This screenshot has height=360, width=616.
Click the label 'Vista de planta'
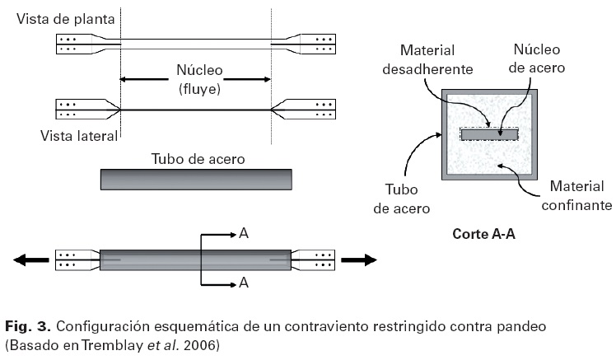(66, 19)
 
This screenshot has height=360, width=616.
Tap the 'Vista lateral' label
(79, 136)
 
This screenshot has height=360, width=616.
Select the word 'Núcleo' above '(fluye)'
(199, 70)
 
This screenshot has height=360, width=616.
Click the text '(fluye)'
(199, 89)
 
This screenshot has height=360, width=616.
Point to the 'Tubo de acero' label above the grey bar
(198, 159)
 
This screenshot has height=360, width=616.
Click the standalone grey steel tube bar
(196, 180)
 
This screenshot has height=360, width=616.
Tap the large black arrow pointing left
(31, 259)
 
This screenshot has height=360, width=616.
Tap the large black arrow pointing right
(359, 259)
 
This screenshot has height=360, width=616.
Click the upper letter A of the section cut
(244, 233)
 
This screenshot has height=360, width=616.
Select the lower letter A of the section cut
(244, 283)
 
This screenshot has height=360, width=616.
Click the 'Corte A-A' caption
(483, 234)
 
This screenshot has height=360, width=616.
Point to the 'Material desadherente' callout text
(427, 60)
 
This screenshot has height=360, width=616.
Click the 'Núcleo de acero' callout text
(537, 58)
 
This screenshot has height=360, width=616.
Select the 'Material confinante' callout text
(576, 196)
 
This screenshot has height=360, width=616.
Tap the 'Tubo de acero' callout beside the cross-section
(402, 199)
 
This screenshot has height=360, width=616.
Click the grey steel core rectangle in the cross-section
(489, 135)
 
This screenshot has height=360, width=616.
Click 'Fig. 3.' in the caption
(27, 326)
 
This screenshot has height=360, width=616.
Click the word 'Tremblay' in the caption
(112, 345)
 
